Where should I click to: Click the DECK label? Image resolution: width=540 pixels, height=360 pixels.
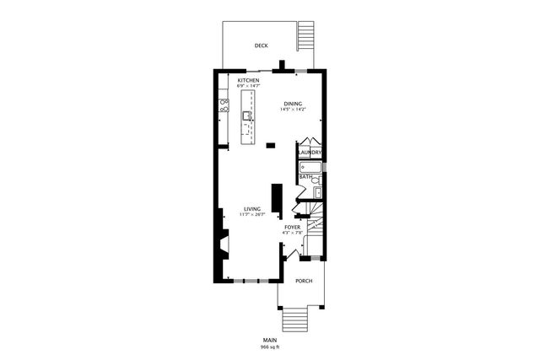[262, 46]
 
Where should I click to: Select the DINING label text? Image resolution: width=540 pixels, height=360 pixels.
[293, 103]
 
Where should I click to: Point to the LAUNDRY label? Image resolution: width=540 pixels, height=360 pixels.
[310, 153]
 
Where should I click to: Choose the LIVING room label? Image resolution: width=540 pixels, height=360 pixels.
[251, 209]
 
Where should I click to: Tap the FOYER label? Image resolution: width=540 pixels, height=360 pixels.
[292, 227]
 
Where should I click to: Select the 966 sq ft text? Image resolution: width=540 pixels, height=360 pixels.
[270, 347]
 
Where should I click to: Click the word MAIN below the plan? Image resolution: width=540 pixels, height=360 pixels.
[270, 340]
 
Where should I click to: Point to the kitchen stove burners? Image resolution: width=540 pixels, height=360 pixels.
[224, 105]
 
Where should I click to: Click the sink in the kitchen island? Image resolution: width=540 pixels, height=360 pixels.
[248, 116]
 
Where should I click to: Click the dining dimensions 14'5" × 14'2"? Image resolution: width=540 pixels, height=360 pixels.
[293, 109]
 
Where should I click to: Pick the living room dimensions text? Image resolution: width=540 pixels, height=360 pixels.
[251, 215]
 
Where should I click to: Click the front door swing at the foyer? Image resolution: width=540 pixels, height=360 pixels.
[292, 255]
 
